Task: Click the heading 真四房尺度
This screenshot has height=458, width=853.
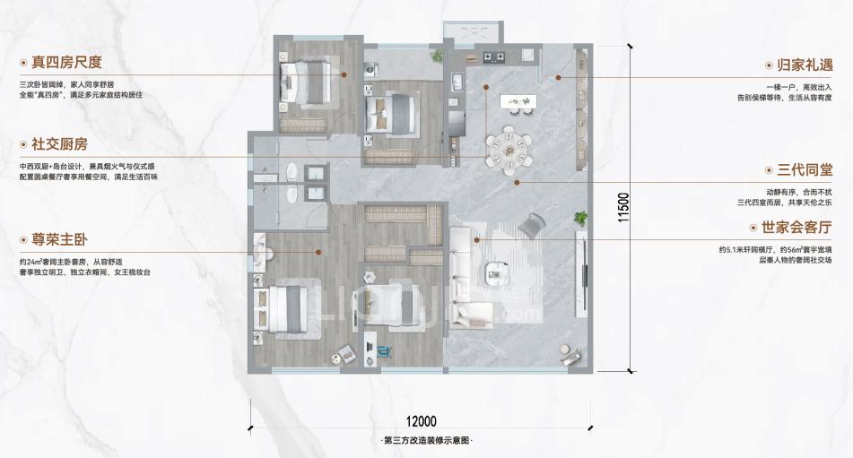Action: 66,62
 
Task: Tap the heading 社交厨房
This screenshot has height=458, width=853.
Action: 59,144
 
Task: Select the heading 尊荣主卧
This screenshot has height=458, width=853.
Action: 59,239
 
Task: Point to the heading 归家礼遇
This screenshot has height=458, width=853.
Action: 805,65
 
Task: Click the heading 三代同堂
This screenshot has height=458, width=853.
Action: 805,170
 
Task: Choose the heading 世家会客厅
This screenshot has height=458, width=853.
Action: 797,227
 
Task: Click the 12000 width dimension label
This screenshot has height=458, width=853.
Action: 421,421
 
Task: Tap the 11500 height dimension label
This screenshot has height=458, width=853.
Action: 623,207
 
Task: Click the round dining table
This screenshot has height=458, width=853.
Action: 509,150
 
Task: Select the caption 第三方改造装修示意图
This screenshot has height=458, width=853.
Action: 426,441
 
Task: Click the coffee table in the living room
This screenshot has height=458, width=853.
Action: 497,272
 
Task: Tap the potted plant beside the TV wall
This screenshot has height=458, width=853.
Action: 581,219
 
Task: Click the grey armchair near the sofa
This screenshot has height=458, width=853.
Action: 532,225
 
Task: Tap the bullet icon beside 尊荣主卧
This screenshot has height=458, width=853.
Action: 23,240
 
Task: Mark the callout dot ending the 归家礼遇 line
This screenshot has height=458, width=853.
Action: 558,78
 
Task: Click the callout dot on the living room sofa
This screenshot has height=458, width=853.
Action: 476,239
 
